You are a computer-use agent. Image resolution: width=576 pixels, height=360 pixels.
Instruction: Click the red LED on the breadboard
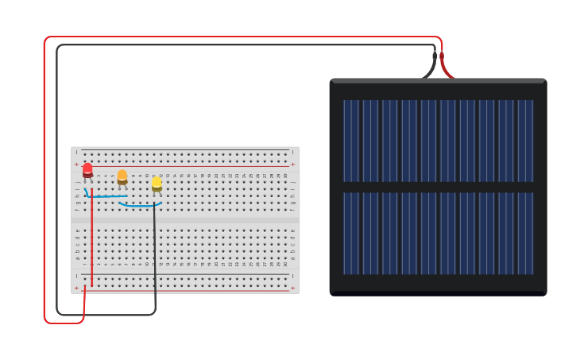(87, 169)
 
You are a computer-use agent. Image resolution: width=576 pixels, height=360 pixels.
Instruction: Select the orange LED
(122, 176)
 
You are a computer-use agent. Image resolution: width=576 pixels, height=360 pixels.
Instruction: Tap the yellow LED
(157, 184)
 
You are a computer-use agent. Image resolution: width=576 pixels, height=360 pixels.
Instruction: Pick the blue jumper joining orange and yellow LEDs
(140, 206)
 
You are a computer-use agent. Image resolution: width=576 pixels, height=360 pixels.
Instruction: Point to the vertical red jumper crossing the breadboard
(91, 238)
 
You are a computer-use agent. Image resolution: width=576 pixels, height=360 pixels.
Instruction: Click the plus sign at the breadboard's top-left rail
(76, 165)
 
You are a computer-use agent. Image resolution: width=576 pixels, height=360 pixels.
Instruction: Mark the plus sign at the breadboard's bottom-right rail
(293, 288)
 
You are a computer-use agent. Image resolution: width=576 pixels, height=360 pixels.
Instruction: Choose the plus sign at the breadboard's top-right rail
(293, 165)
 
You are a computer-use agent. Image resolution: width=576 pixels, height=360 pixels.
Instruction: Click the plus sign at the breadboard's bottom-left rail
(76, 288)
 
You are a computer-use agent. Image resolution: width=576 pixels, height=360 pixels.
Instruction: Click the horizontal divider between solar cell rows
(438, 187)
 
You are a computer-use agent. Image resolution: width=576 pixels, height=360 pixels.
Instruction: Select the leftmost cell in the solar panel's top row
(351, 141)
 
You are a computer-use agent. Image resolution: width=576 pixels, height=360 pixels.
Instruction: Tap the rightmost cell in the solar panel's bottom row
(525, 233)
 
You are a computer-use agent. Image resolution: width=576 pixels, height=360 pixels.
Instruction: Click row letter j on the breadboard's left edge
(78, 182)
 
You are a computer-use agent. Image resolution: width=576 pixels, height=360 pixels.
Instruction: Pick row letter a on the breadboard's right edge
(293, 258)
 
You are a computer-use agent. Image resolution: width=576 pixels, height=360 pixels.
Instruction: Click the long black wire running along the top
(238, 45)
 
